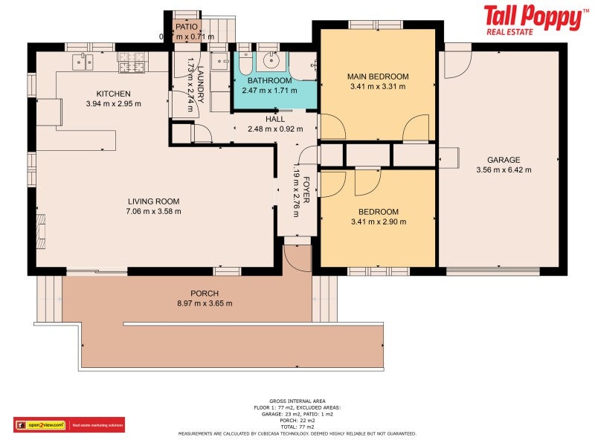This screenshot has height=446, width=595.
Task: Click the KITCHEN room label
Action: (113, 93)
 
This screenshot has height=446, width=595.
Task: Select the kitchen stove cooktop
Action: (131, 62)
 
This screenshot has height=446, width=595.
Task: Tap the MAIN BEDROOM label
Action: (378, 77)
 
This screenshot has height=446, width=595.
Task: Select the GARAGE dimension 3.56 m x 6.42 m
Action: (504, 169)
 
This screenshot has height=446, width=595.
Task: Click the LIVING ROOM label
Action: (153, 201)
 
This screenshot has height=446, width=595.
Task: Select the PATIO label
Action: (186, 27)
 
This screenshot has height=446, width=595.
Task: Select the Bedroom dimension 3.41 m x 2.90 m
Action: (378, 222)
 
